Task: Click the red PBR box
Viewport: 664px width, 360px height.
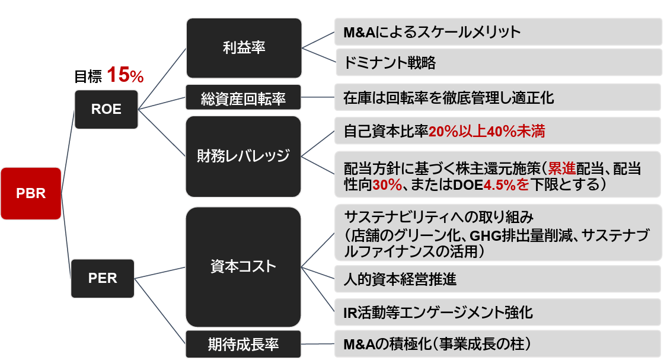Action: click(x=31, y=193)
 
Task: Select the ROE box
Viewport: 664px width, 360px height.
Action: click(x=106, y=109)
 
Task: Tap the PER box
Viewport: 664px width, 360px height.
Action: click(x=103, y=278)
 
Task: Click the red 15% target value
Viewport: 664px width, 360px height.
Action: click(x=125, y=75)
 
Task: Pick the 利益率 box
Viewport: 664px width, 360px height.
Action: click(x=244, y=48)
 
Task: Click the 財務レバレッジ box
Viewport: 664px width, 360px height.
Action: click(x=244, y=156)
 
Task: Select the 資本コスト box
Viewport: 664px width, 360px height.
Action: click(x=244, y=266)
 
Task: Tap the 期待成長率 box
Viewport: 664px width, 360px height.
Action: click(x=244, y=343)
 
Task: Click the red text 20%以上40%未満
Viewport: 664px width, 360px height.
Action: click(x=486, y=132)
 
